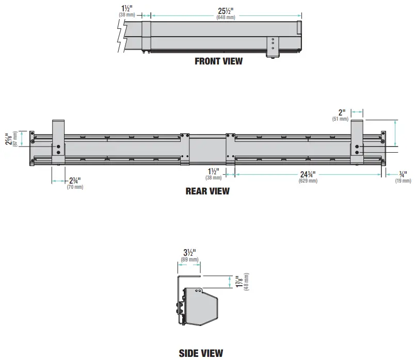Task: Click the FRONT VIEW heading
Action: click(x=218, y=61)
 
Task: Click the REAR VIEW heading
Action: click(x=207, y=191)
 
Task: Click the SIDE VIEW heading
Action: click(x=201, y=353)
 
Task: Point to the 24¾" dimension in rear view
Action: click(x=309, y=174)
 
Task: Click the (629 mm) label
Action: click(x=309, y=181)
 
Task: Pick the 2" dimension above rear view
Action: click(x=341, y=112)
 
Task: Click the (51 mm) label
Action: click(x=341, y=119)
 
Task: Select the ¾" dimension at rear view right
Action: click(x=403, y=174)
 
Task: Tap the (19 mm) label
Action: click(x=403, y=181)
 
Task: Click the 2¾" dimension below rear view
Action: click(x=75, y=180)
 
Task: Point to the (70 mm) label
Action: click(x=75, y=187)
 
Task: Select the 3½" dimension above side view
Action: click(x=190, y=253)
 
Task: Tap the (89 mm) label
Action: click(x=190, y=259)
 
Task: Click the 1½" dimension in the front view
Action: click(x=126, y=8)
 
